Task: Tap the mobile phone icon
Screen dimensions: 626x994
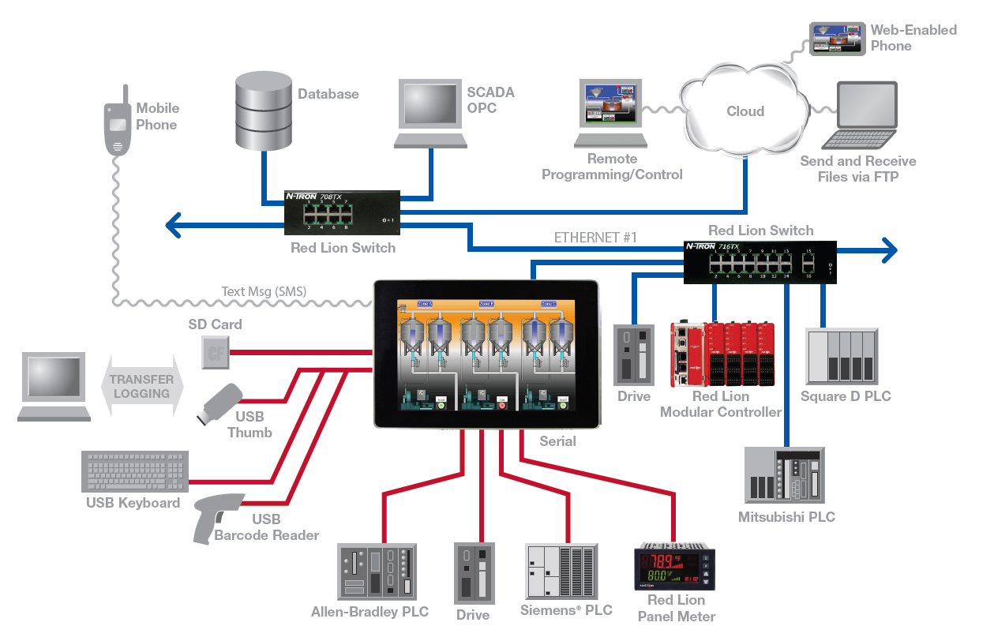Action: [x=118, y=126]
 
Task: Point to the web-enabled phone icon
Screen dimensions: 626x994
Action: [x=838, y=38]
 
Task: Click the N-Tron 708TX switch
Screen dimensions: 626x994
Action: [x=343, y=212]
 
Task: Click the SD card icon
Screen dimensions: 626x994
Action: [x=214, y=351]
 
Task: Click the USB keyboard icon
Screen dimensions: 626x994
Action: [x=135, y=472]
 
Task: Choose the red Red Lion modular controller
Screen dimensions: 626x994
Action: [x=722, y=354]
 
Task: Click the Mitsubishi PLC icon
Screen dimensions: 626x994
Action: [x=785, y=475]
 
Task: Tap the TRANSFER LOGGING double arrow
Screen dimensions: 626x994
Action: [x=141, y=387]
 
